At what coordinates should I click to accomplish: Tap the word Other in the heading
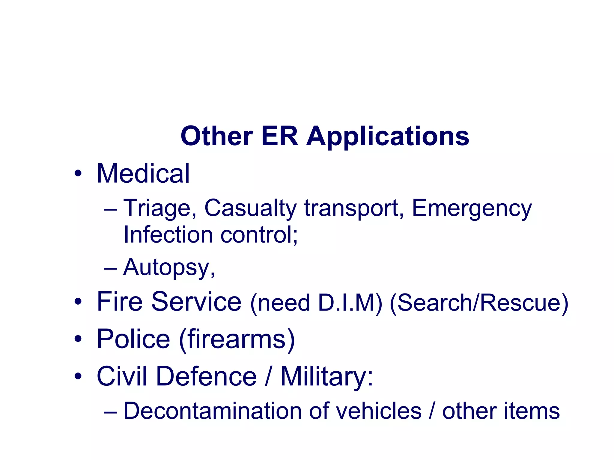click(217, 137)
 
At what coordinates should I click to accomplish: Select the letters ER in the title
click(279, 137)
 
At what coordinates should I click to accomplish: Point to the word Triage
click(160, 208)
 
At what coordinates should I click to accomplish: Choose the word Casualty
click(250, 208)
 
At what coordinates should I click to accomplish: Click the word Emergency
click(472, 208)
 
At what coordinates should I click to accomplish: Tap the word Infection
click(168, 234)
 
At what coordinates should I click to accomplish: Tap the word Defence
click(206, 376)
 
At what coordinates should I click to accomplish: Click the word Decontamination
click(212, 411)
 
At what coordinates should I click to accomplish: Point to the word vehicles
click(378, 411)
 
